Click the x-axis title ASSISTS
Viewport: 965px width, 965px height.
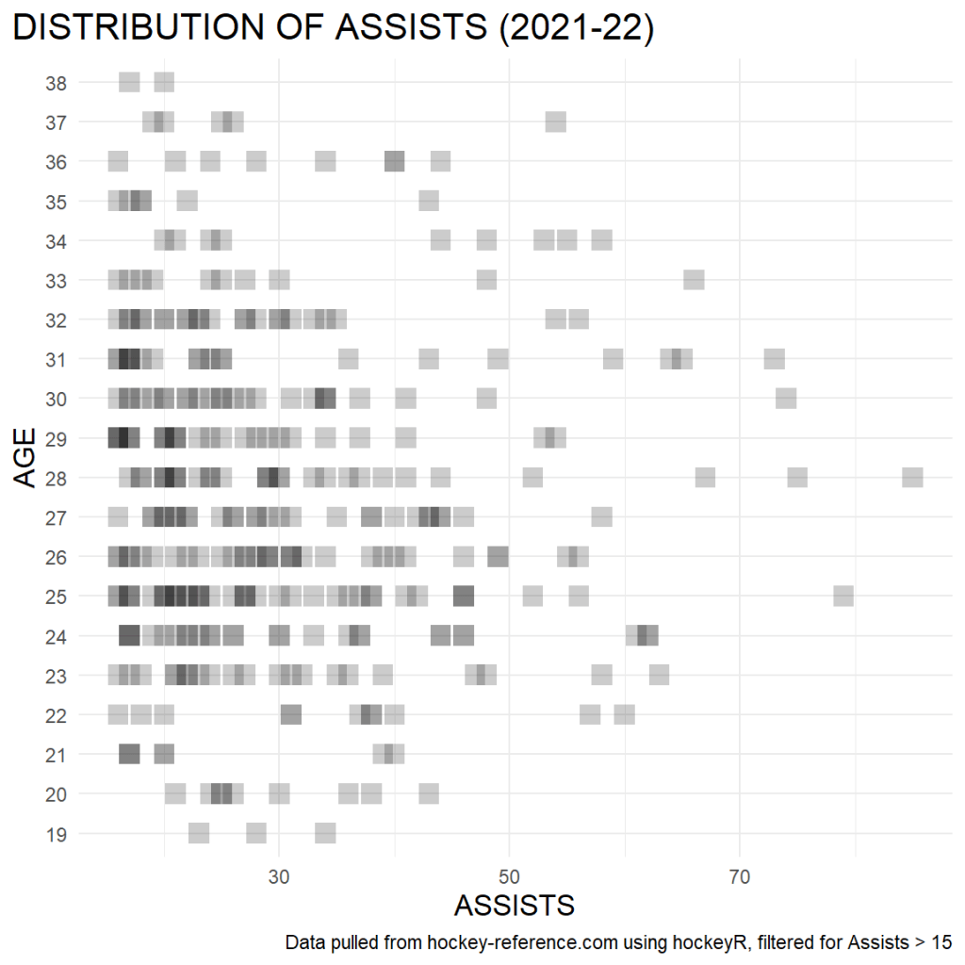[x=514, y=906]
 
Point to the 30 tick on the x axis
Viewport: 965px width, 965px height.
[x=279, y=875]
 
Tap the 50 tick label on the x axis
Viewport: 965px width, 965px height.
[x=509, y=875]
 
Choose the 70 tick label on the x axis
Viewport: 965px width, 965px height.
[x=740, y=875]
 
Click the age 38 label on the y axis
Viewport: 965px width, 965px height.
[x=56, y=83]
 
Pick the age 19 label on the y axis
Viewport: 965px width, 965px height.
[x=56, y=834]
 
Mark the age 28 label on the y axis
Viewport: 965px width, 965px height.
[x=56, y=478]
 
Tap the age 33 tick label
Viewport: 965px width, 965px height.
[x=56, y=280]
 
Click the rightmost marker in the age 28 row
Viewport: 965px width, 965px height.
[x=912, y=478]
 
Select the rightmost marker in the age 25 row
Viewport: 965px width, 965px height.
[x=843, y=597]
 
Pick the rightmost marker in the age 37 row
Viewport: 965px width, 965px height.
[x=555, y=122]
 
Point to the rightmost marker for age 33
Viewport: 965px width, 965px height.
[x=694, y=280]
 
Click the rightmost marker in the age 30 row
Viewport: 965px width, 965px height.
[x=786, y=399]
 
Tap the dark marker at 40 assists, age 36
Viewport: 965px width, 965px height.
[x=394, y=161]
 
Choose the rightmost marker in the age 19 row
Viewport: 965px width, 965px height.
[x=325, y=834]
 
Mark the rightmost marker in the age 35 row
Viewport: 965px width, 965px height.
[x=429, y=201]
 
